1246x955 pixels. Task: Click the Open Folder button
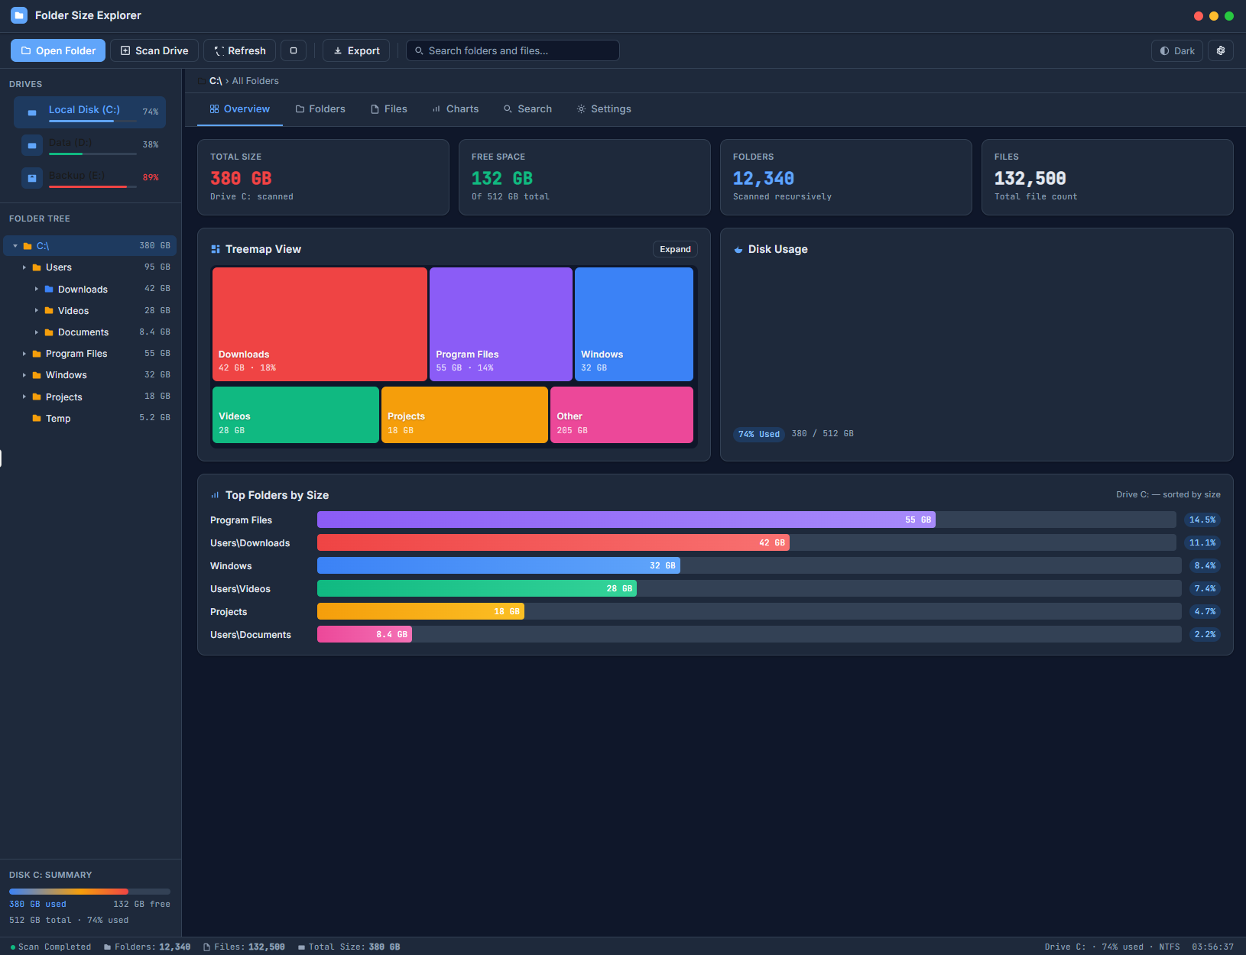coord(58,50)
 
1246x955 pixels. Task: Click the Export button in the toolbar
coord(356,50)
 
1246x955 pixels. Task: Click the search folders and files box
coord(512,50)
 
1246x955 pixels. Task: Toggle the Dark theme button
coord(1176,50)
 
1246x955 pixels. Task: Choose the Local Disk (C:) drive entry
coord(89,111)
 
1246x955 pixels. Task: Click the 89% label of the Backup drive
coord(151,177)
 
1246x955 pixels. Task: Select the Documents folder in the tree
coord(83,332)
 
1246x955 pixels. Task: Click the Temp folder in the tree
coord(58,419)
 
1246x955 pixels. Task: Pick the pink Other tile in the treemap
coord(621,415)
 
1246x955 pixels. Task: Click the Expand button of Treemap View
coord(675,249)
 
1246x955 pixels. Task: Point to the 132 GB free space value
coord(501,179)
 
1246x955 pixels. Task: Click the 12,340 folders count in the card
coord(763,179)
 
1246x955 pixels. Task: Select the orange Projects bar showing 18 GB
coord(420,611)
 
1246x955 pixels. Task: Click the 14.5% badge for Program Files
coord(1202,520)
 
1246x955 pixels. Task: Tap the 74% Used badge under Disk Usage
coord(758,434)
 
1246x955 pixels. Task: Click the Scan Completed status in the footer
coord(54,947)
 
